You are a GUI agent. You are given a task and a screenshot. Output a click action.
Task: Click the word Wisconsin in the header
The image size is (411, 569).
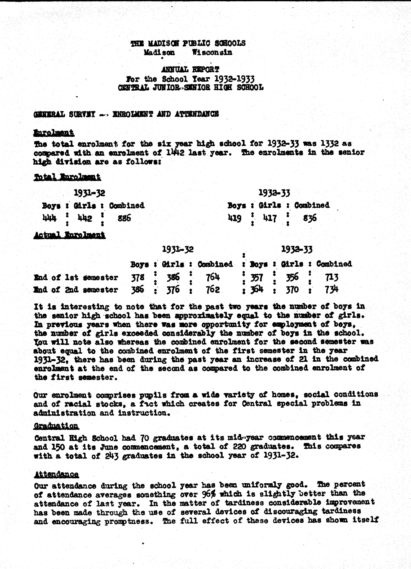(212, 52)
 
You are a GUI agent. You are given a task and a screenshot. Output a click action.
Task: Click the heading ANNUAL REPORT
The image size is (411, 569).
(190, 69)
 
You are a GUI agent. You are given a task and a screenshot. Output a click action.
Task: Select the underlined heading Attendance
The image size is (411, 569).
(56, 474)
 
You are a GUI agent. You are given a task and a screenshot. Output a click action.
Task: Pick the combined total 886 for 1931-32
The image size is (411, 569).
(124, 218)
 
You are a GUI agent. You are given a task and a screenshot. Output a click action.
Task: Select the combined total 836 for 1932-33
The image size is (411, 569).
(310, 218)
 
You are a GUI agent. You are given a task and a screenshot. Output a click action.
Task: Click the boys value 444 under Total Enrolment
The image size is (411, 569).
(49, 218)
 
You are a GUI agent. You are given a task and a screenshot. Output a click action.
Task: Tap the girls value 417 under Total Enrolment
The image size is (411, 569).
(270, 218)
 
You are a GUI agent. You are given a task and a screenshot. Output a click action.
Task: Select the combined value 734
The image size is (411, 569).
(332, 290)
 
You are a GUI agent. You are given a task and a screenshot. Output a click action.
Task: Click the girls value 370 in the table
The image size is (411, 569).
(292, 290)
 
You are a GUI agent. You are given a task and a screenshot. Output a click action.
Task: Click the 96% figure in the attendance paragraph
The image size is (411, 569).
(208, 494)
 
